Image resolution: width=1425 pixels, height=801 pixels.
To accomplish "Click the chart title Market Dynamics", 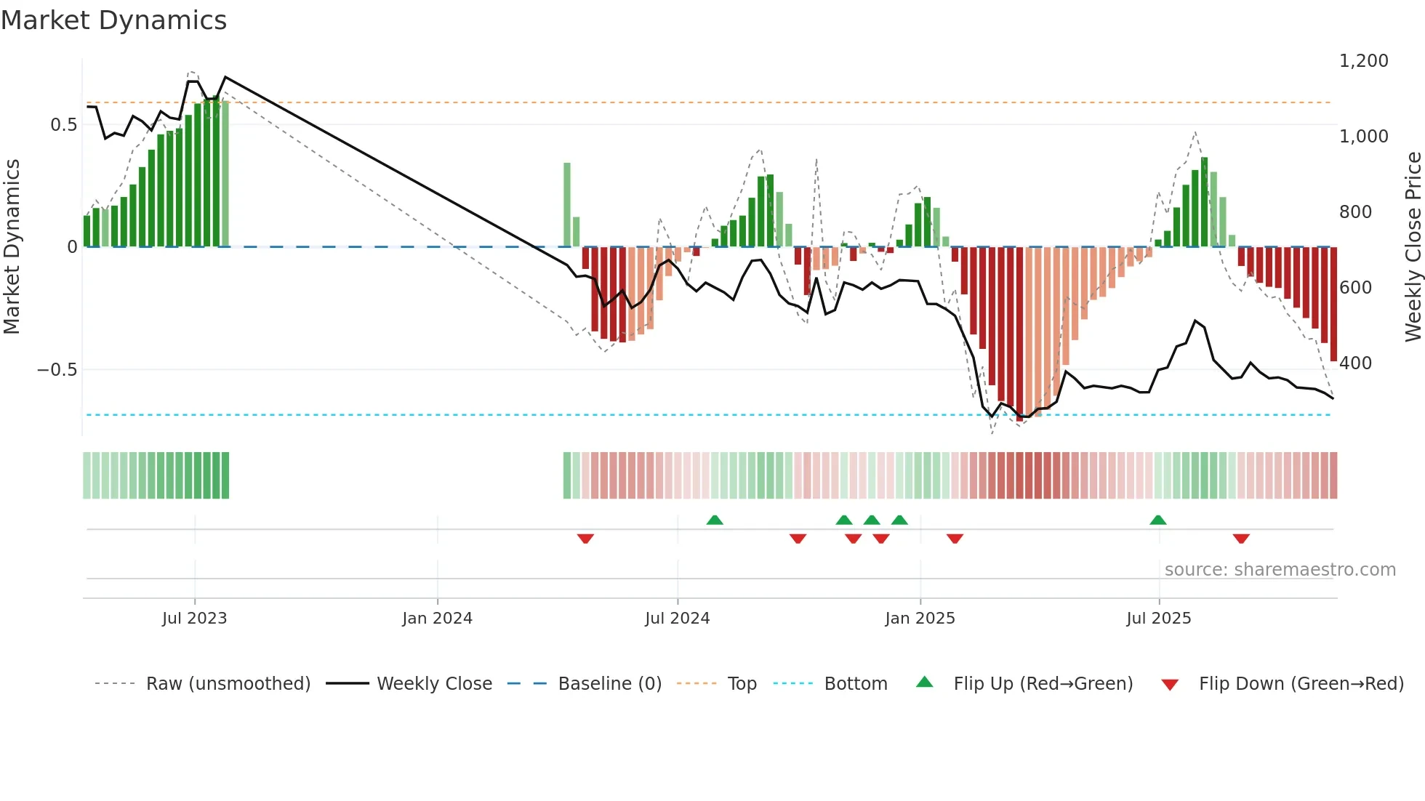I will coord(114,20).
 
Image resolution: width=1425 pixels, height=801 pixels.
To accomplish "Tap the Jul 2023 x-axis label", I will coord(194,619).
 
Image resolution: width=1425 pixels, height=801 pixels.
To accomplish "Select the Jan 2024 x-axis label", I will coord(437,619).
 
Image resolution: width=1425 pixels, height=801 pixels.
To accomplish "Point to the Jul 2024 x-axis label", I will coord(677,619).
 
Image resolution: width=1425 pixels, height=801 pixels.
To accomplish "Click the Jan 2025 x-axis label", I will coord(920,619).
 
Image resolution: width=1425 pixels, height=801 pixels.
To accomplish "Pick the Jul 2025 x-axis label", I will coord(1159,619).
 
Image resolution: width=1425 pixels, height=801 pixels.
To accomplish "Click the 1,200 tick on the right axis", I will coord(1363,61).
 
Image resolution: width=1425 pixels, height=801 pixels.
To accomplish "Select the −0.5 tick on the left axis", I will coord(57,370).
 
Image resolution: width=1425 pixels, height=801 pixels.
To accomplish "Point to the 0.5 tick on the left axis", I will coord(63,125).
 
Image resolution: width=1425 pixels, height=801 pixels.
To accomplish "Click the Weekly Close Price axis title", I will coord(1413,246).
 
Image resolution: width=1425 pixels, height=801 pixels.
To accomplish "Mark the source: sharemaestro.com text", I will coord(1280,570).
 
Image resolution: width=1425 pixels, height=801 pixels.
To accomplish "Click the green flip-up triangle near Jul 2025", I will coord(1158,520).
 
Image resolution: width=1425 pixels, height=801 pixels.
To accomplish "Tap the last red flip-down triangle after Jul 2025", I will coord(1241,539).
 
